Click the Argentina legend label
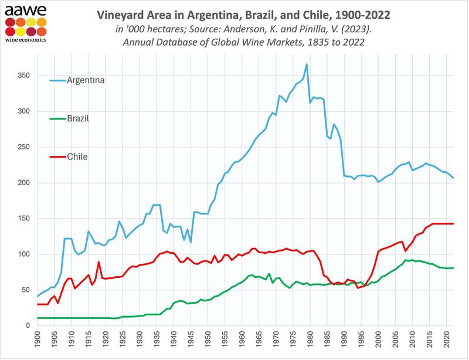[x=85, y=80]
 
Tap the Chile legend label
[x=77, y=156]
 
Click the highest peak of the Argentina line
[x=306, y=64]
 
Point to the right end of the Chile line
[x=453, y=223]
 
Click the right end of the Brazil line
[x=453, y=267]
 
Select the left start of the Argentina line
[x=37, y=297]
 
